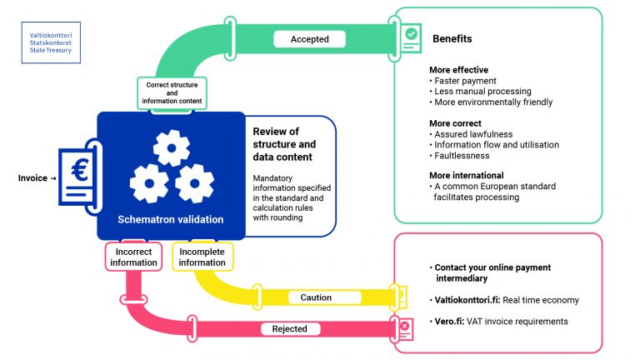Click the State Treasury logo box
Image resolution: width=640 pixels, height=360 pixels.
click(x=50, y=43)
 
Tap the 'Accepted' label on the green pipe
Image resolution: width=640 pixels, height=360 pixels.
click(x=310, y=38)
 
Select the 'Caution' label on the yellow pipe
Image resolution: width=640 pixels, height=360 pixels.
click(x=316, y=297)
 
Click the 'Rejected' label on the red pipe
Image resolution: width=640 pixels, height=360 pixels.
click(x=290, y=328)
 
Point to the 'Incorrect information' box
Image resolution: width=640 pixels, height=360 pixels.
click(x=133, y=257)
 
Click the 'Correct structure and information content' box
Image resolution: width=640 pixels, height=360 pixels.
click(x=172, y=92)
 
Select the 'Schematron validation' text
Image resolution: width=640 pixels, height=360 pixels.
click(x=171, y=219)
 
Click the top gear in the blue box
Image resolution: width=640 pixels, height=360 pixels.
click(x=172, y=148)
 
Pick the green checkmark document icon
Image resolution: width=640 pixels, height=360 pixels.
click(x=412, y=34)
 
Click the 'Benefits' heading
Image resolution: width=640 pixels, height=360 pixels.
click(x=452, y=39)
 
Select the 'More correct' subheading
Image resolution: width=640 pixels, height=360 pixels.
click(x=455, y=123)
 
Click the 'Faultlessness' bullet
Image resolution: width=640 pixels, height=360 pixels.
click(x=462, y=155)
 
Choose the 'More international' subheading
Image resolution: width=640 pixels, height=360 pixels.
click(x=467, y=175)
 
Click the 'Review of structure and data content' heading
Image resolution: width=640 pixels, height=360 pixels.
click(x=283, y=143)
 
